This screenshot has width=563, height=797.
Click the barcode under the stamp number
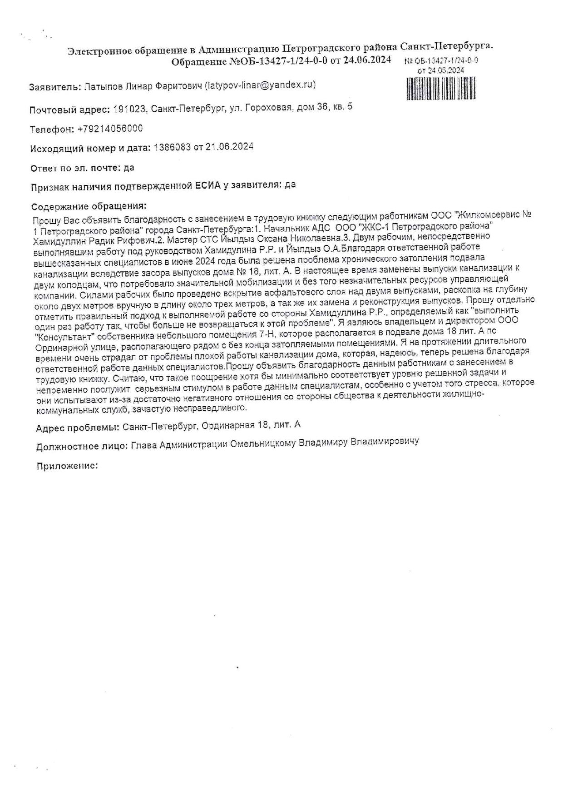point(441,88)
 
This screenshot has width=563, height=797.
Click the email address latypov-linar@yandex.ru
point(260,85)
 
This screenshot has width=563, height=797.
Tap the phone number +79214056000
point(110,129)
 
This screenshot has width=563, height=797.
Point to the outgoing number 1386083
point(172,147)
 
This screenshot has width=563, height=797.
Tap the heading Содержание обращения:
point(89,207)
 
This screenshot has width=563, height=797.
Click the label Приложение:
point(67,466)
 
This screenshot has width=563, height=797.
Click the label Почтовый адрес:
point(69,110)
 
